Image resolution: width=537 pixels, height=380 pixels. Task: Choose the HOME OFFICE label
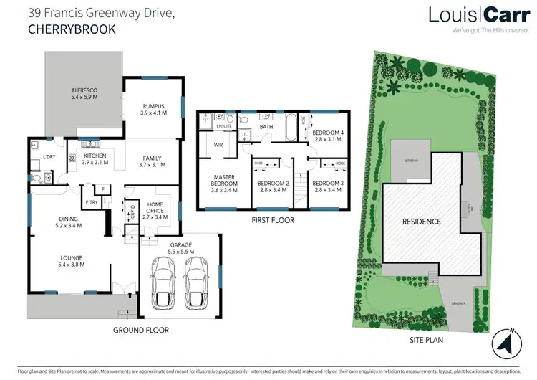155,209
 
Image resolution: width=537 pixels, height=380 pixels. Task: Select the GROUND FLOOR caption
141,331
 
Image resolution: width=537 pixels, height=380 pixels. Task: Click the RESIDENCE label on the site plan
421,222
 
